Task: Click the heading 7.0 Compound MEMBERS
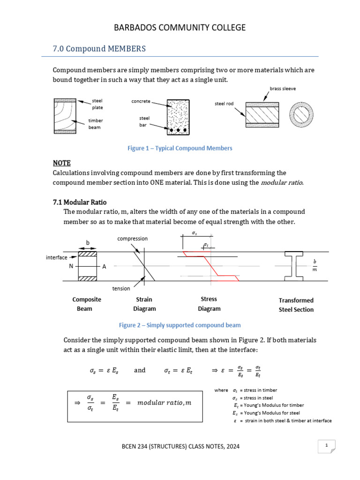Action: tap(99, 49)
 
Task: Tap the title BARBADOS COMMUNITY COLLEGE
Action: tap(180, 28)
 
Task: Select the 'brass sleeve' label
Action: tap(283, 88)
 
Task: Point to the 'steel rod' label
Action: tap(224, 104)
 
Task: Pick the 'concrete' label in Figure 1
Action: tap(141, 101)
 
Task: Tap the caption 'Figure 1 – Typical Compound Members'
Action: tap(180, 148)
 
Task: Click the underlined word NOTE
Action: tap(61, 163)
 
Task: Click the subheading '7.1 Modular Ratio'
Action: tap(80, 202)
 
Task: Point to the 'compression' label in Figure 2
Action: tap(132, 239)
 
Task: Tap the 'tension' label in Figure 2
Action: tap(120, 289)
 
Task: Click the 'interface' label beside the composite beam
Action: tap(56, 257)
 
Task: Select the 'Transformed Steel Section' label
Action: tap(296, 305)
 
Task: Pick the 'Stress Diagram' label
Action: tap(209, 304)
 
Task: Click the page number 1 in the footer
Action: tap(326, 446)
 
